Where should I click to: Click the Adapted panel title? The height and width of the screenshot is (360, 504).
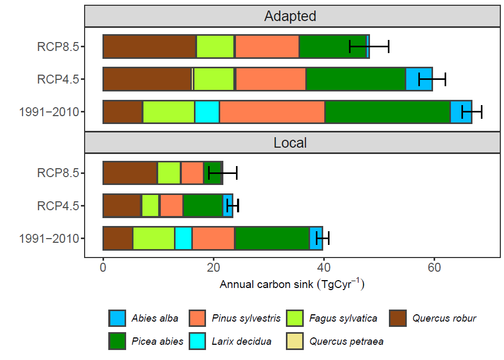coord(290,16)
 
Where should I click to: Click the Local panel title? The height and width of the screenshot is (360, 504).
coord(290,142)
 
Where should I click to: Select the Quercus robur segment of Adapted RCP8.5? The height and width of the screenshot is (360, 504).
coord(149,47)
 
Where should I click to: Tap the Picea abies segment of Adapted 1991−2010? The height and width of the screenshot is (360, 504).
coord(388,112)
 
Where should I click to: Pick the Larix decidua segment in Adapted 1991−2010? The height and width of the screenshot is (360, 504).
coord(207,112)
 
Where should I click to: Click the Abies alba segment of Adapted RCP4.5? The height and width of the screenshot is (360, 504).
coord(419,79)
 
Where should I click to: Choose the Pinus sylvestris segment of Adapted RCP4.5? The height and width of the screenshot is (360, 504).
coord(271,79)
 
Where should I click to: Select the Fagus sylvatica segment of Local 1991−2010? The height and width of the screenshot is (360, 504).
coord(153,239)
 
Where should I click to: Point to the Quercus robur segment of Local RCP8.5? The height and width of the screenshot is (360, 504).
coord(130,173)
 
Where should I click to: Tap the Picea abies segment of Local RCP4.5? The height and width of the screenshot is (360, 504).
coord(202,205)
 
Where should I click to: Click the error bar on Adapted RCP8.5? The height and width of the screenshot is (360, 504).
coord(369,47)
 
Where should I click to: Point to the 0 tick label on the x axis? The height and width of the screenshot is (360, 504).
coord(103,268)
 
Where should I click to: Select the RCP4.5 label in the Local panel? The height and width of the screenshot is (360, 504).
coord(58,205)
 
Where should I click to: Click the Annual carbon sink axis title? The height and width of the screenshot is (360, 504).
coord(292,285)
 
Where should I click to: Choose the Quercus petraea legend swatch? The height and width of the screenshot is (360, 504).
coord(294,341)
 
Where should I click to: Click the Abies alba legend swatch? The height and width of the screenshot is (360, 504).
coord(117,318)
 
